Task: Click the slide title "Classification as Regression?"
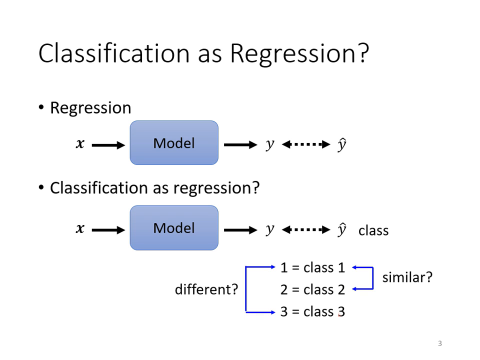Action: [x=203, y=53]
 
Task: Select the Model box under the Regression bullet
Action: [x=174, y=143]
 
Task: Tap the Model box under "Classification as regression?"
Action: [x=174, y=228]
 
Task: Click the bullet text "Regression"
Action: [x=90, y=108]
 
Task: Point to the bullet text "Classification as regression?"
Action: [x=154, y=188]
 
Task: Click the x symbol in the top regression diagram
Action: [x=80, y=144]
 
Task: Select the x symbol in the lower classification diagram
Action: [x=80, y=229]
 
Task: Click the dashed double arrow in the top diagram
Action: [x=306, y=144]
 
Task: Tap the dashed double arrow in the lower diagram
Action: [x=306, y=229]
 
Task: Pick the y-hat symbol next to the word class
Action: [x=341, y=229]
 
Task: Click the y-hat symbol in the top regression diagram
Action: [x=341, y=144]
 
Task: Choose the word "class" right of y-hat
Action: [x=373, y=230]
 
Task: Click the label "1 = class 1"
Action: [x=312, y=267]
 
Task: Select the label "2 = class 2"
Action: [x=312, y=289]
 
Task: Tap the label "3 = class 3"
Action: [x=312, y=311]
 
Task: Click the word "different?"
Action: [x=206, y=289]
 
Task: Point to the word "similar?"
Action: [x=407, y=277]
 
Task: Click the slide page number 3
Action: [x=440, y=343]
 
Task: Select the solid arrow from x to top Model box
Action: [x=108, y=145]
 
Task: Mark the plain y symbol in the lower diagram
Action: [x=270, y=230]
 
